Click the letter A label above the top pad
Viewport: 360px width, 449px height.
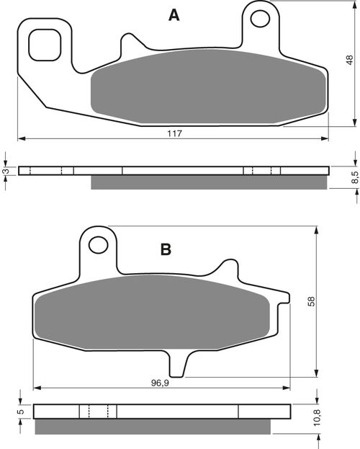click(x=174, y=15)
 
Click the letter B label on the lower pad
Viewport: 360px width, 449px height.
click(x=166, y=249)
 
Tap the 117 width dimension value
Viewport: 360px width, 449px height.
click(x=174, y=133)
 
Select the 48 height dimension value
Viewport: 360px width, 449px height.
click(x=350, y=60)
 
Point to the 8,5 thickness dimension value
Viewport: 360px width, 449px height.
click(x=354, y=177)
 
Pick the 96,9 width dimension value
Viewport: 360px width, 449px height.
click(x=160, y=383)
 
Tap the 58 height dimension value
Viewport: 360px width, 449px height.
click(x=311, y=301)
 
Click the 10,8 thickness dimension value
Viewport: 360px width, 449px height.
click(x=317, y=417)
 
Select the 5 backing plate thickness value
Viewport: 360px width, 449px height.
click(x=20, y=412)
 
